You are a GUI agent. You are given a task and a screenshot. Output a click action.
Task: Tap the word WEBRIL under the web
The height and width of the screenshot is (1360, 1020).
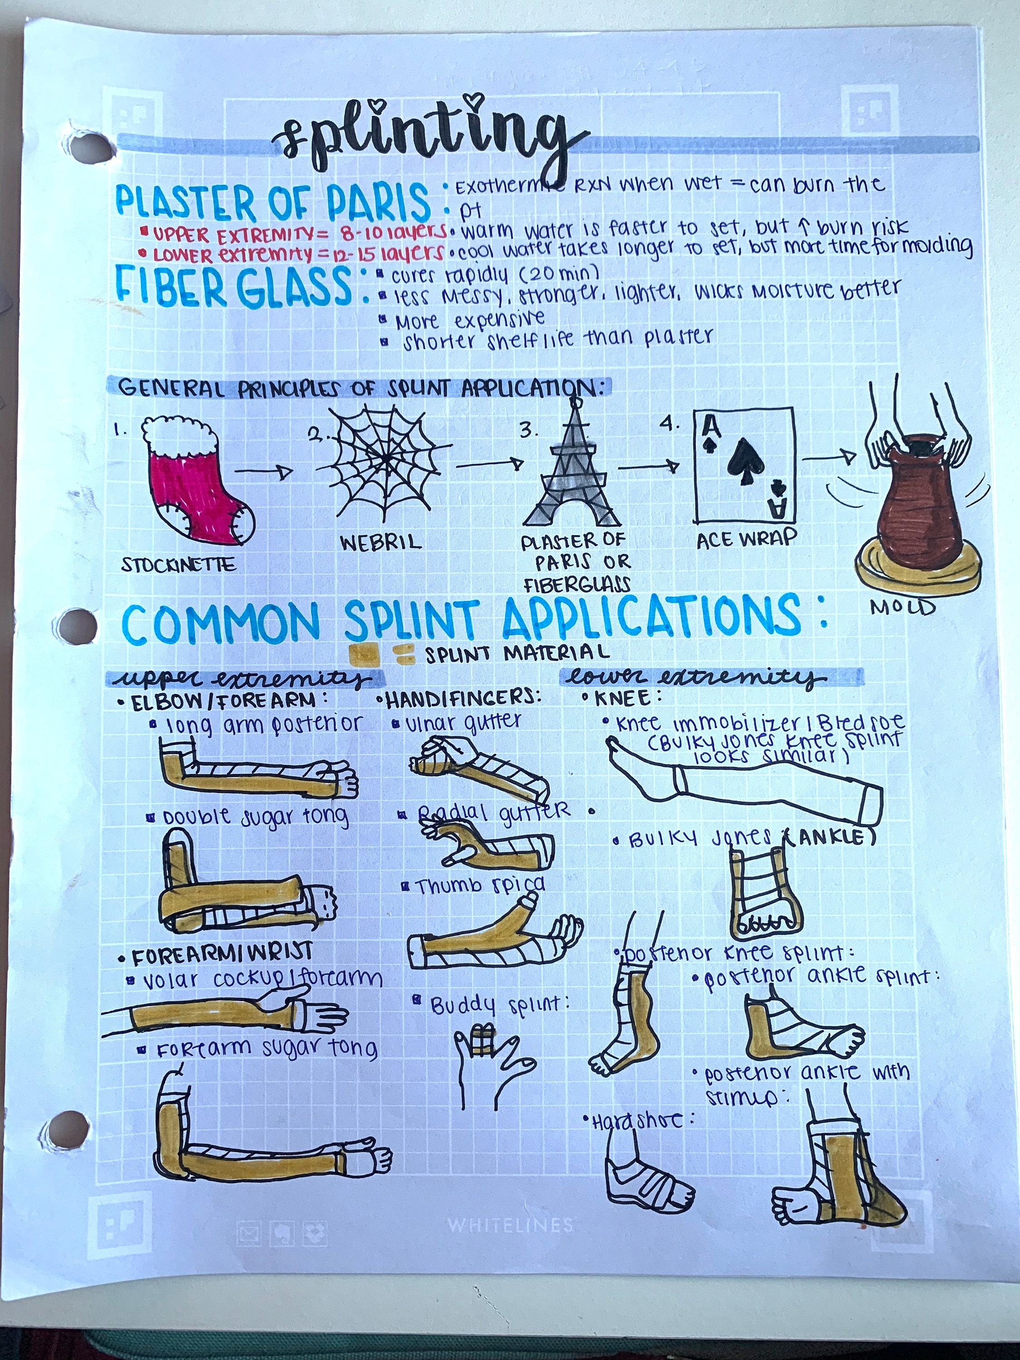[381, 542]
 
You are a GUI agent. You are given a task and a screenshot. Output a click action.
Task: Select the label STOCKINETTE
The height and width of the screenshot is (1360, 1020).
[178, 564]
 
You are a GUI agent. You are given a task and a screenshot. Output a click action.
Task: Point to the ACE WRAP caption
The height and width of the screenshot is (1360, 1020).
[746, 539]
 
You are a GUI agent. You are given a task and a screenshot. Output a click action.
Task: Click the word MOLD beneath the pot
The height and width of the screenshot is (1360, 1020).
[902, 607]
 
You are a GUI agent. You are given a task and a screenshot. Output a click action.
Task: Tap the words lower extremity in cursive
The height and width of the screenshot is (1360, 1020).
[695, 678]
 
